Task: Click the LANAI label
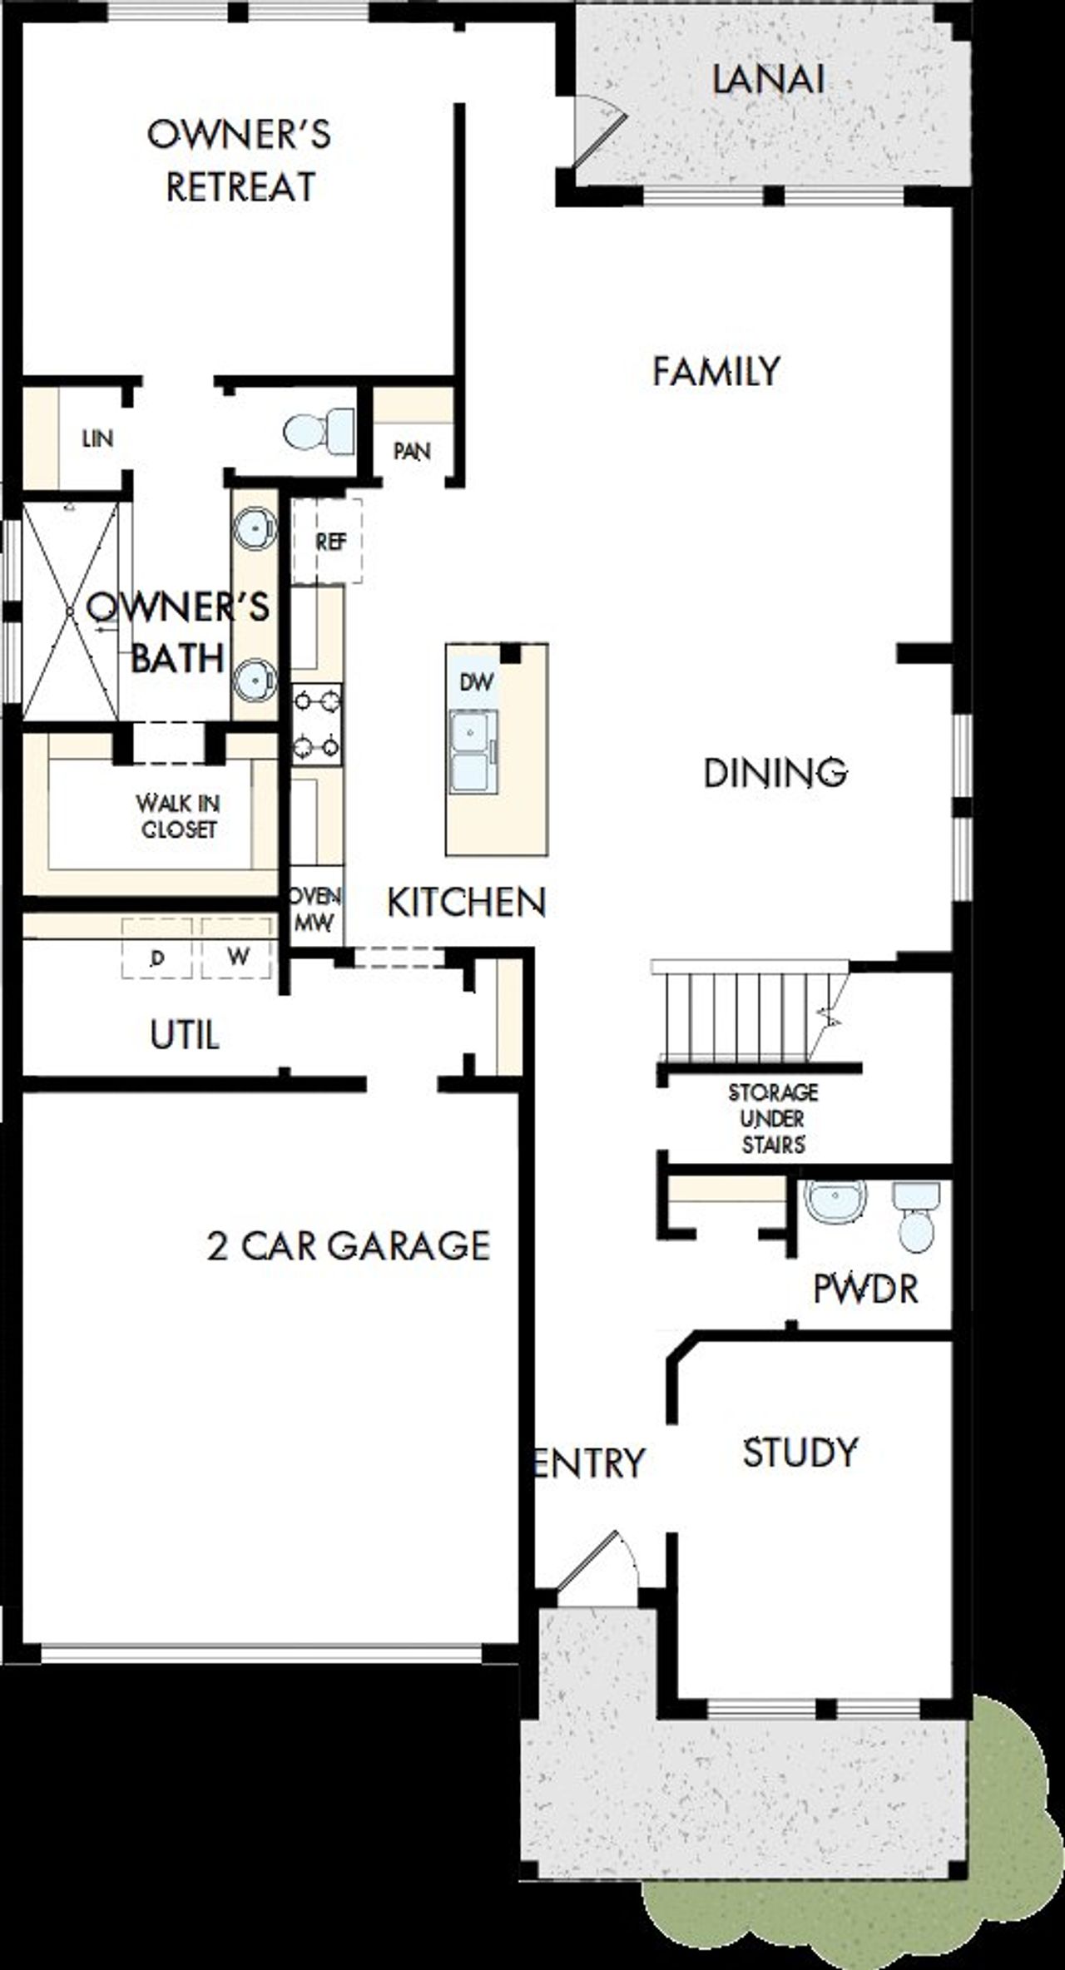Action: point(768,81)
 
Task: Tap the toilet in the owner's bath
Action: point(319,431)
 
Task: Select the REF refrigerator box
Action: point(329,542)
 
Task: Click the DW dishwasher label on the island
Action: point(476,683)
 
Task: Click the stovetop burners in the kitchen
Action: point(316,724)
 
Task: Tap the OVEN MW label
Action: point(315,908)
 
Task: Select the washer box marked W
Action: point(237,956)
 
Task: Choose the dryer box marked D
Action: point(156,958)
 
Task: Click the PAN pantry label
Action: point(412,452)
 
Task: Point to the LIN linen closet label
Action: point(97,438)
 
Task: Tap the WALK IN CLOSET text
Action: point(178,816)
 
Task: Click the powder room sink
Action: point(836,1203)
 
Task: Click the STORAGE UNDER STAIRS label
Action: point(773,1118)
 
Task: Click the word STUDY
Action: point(800,1453)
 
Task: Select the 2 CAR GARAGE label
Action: point(349,1246)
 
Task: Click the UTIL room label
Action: point(185,1036)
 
